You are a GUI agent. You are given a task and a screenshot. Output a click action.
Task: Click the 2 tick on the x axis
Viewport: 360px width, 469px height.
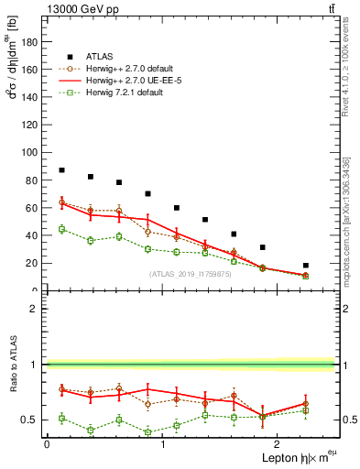(x=278, y=444)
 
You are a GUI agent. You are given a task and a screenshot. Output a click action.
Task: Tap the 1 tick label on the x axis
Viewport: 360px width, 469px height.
(x=162, y=444)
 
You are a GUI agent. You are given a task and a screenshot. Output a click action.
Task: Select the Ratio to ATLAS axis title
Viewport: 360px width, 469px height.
(x=13, y=364)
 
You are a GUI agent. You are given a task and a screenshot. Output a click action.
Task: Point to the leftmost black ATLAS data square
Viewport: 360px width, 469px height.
(x=61, y=170)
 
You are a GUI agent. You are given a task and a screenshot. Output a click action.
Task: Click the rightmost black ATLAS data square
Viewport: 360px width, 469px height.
(x=306, y=266)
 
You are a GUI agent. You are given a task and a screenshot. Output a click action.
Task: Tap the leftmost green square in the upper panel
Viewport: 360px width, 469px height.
(x=61, y=229)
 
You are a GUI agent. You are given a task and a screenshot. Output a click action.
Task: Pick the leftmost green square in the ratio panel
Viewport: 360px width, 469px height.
(x=61, y=418)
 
